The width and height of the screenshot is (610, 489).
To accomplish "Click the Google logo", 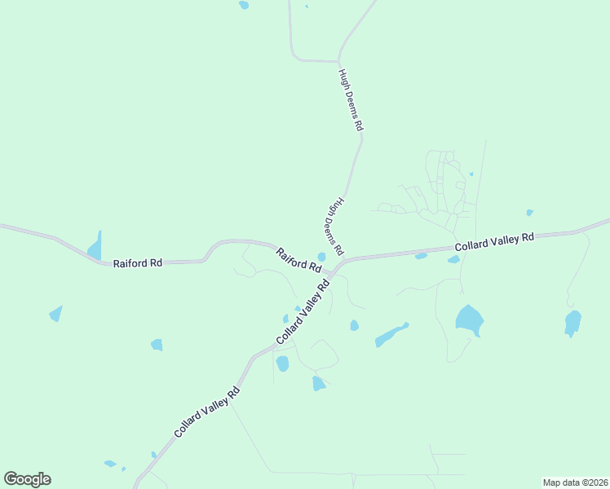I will (27, 479).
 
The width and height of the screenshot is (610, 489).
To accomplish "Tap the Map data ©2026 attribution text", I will (574, 482).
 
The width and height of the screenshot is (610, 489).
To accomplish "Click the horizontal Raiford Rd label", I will (138, 262).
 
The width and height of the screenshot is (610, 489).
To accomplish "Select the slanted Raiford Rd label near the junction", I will (298, 260).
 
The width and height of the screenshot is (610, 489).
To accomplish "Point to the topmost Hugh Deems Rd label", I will (351, 99).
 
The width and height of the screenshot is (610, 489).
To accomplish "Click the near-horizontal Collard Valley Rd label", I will (494, 241).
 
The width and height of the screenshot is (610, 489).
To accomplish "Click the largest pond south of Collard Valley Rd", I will (469, 319).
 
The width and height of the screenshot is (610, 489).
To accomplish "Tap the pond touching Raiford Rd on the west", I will (95, 247).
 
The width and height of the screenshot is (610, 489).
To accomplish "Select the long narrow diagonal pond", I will (391, 335).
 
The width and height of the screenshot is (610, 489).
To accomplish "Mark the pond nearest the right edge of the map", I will (572, 322).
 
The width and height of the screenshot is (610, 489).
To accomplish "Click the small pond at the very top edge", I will (244, 5).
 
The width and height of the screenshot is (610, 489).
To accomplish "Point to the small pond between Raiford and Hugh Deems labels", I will (321, 257).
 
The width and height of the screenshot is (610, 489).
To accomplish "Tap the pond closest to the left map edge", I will (55, 313).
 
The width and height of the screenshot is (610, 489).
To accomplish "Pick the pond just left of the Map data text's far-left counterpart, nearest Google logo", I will (110, 464).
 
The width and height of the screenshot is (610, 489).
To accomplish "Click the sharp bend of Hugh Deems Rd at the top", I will (338, 61).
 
